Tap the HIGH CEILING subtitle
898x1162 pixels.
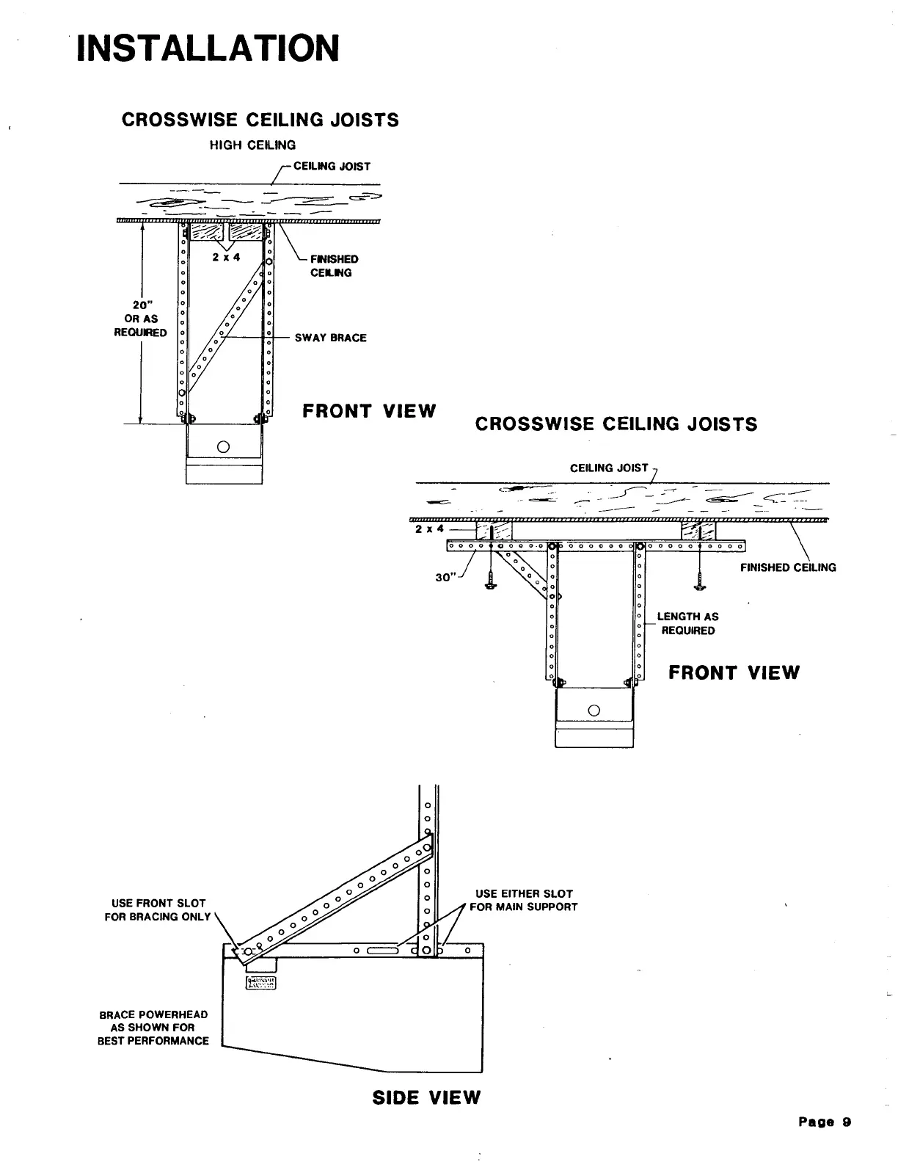click(x=252, y=145)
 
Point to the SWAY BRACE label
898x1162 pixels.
click(x=330, y=338)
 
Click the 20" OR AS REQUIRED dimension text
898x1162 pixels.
click(x=140, y=319)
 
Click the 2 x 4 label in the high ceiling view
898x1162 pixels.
click(x=227, y=257)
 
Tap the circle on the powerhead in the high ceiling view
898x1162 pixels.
click(x=224, y=446)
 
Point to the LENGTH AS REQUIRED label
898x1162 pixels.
click(x=687, y=623)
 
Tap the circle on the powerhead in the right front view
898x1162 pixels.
click(x=594, y=709)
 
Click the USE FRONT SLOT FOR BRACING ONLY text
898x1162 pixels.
click(x=158, y=909)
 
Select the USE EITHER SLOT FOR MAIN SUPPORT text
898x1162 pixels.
click(x=524, y=900)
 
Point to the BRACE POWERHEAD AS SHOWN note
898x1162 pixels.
click(x=153, y=1027)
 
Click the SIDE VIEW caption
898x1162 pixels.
click(x=426, y=1097)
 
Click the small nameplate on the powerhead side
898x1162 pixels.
click(x=260, y=983)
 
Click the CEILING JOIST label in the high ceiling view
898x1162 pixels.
click(x=332, y=167)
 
